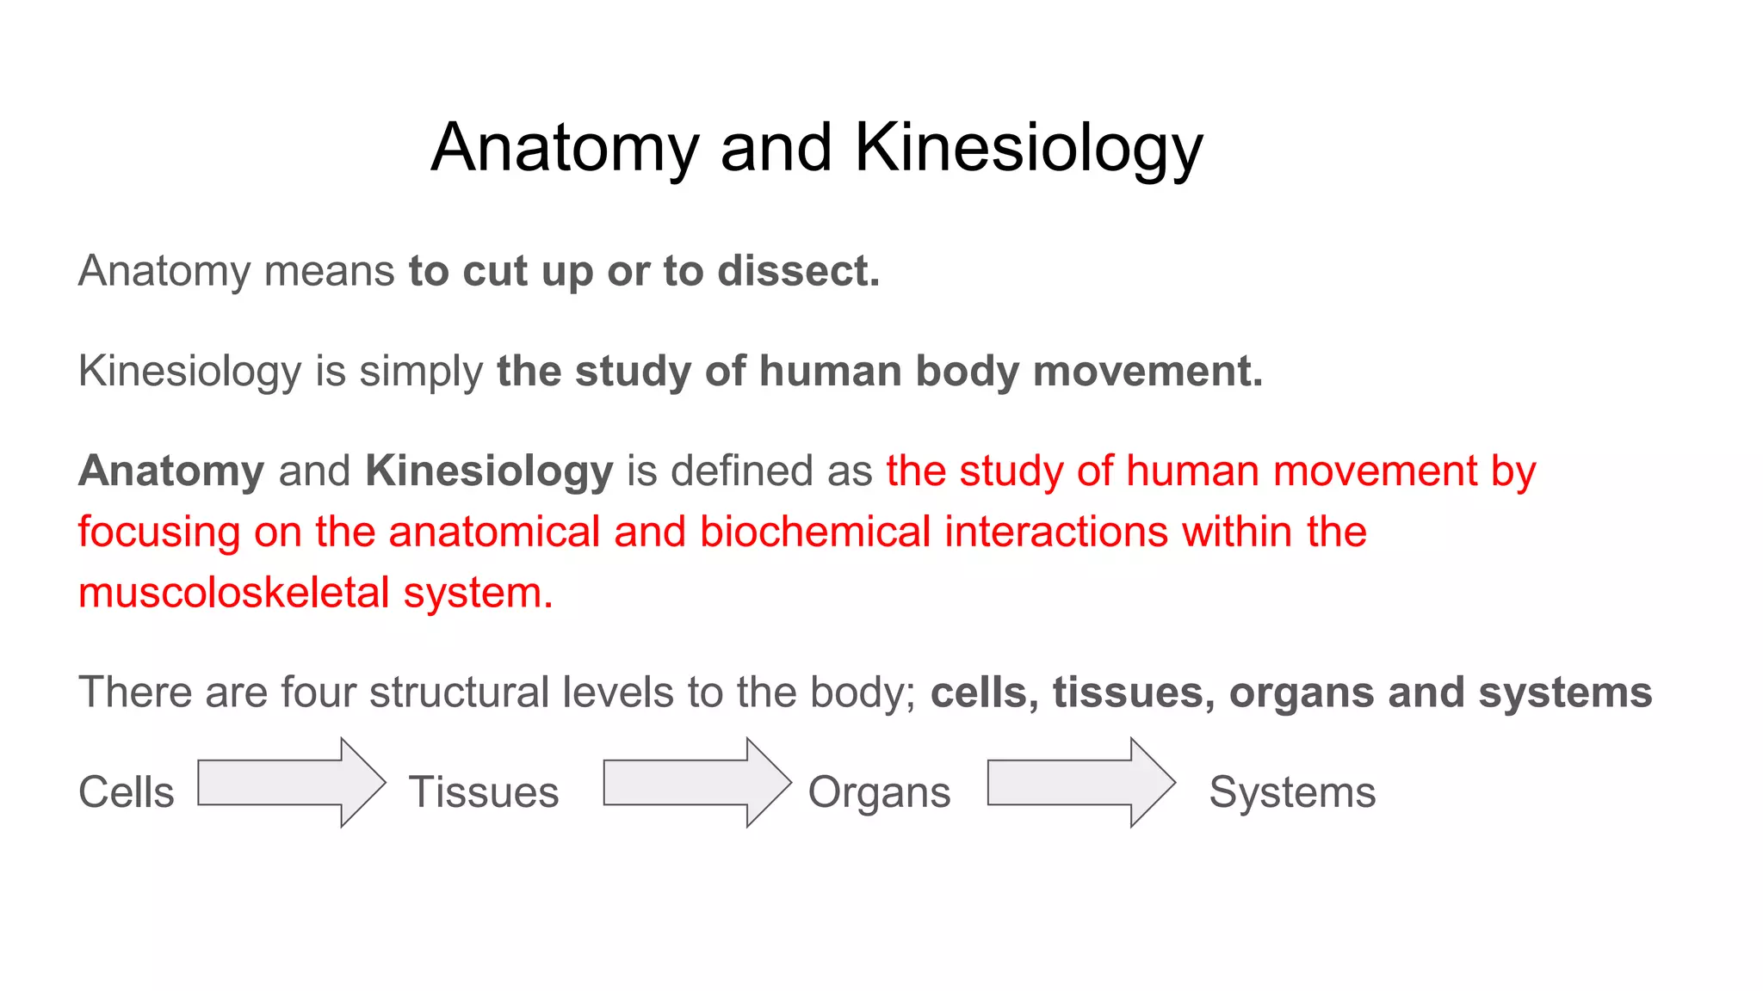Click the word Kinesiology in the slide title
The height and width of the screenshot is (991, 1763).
1028,148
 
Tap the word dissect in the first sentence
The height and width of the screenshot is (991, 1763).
798,271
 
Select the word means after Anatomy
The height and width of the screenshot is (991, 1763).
329,271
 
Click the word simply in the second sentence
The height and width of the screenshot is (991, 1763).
421,372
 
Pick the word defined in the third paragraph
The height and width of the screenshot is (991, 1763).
742,471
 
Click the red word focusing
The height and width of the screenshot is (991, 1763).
158,532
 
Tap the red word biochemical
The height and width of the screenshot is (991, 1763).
814,532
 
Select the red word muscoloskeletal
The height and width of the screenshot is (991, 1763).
234,594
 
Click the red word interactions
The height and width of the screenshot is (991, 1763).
1056,532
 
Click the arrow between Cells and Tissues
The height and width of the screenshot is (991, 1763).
291,783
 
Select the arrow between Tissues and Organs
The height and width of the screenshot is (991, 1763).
696,783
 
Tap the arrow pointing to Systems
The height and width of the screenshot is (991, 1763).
1080,783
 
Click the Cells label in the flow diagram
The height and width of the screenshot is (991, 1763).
127,792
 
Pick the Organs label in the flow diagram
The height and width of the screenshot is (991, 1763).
879,792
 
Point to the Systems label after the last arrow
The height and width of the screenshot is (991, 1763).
1292,792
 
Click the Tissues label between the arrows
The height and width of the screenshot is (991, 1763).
484,792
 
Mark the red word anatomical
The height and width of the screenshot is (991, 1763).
494,532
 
